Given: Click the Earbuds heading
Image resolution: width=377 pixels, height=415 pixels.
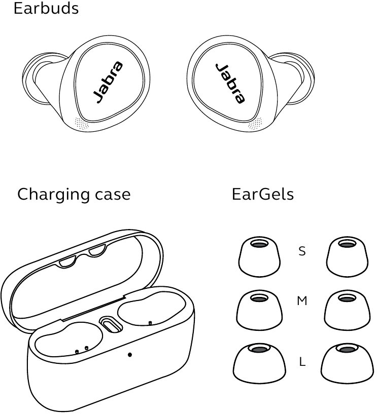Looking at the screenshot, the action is click(x=46, y=8).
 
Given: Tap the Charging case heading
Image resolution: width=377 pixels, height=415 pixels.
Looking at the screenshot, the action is click(x=74, y=195).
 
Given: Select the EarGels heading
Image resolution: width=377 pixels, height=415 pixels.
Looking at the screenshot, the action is click(x=263, y=195).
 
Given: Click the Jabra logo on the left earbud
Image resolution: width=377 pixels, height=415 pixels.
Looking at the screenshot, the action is click(x=108, y=82).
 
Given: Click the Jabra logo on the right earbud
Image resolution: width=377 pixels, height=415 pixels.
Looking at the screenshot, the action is click(x=230, y=83).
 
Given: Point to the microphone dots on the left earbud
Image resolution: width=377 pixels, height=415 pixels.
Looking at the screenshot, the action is click(x=82, y=124).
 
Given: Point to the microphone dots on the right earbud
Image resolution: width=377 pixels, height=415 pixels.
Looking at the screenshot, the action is click(x=255, y=124).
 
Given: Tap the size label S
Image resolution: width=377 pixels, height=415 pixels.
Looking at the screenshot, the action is click(x=302, y=251).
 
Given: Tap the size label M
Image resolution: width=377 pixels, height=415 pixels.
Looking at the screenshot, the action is click(x=302, y=301).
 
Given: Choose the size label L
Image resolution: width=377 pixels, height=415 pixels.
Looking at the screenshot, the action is click(x=302, y=361).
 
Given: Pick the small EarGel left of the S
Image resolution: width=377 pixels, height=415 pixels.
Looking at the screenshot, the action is click(x=259, y=257).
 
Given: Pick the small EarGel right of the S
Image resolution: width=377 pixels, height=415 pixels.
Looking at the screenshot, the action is click(x=347, y=257).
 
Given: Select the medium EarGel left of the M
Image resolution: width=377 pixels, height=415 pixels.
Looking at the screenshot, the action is click(x=259, y=310).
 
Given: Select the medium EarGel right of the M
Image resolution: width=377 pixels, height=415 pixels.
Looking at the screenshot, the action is click(x=347, y=310).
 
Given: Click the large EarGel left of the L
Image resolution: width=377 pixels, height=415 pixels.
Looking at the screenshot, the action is click(x=259, y=364).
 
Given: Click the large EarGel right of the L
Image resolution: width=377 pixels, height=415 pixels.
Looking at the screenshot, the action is click(x=347, y=364).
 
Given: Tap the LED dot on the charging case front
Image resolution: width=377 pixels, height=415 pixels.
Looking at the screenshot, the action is click(x=130, y=355).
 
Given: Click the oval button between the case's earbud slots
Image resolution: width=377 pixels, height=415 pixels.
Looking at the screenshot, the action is click(x=111, y=324).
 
